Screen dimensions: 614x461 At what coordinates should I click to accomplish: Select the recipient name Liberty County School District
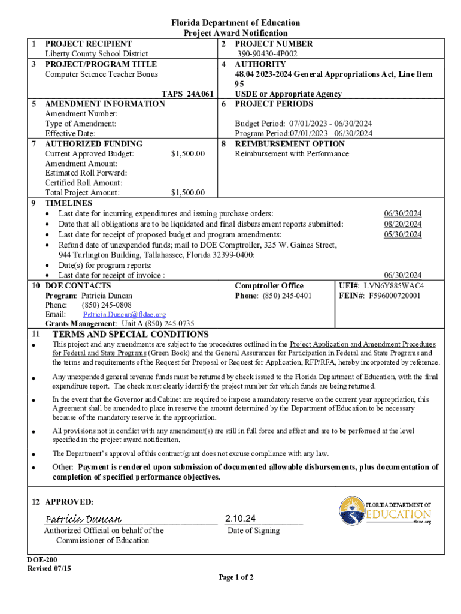(x=96, y=54)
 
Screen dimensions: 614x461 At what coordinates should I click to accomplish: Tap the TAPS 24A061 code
(x=188, y=94)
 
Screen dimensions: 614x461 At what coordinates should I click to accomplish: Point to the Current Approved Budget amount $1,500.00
(x=187, y=154)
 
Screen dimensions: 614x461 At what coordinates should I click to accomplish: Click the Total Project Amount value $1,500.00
(x=187, y=193)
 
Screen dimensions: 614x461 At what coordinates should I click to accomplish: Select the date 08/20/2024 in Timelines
(x=402, y=224)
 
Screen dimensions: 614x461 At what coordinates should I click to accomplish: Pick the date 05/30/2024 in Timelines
(x=402, y=234)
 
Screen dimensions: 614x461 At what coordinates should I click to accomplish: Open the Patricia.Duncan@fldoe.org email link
(x=125, y=314)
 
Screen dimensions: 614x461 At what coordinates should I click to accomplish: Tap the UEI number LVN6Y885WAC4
(x=394, y=286)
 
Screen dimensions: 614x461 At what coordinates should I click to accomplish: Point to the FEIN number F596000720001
(x=395, y=296)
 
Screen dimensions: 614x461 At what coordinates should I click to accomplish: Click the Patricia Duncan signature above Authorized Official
(x=83, y=519)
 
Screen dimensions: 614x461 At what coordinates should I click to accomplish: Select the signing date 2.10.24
(x=241, y=518)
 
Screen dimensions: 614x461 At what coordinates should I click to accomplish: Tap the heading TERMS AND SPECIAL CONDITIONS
(x=131, y=334)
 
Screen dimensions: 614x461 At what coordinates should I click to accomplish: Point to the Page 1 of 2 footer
(x=236, y=577)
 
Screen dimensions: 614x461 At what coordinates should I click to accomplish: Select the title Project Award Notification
(x=235, y=33)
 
